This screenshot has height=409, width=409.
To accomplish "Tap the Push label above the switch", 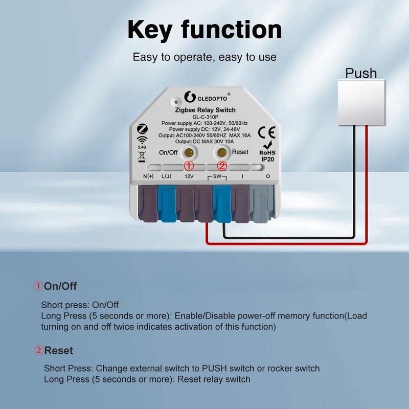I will [x=361, y=73].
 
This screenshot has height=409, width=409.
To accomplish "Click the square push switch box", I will [x=361, y=103].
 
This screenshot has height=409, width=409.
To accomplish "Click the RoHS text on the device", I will [x=267, y=152].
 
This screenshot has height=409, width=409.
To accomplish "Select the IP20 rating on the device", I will [x=268, y=160].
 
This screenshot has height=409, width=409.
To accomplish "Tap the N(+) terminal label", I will [x=148, y=176].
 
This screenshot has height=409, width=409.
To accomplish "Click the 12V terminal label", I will [x=189, y=176].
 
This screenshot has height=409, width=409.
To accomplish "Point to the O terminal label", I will [x=268, y=176].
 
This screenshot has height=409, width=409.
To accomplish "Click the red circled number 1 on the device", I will [x=189, y=166].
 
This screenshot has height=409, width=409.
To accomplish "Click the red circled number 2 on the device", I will [x=222, y=166].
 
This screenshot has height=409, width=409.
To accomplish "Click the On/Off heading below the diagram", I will [x=60, y=286].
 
